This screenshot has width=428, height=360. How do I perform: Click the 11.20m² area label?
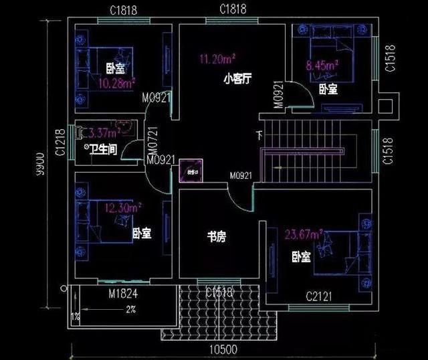tap(216, 60)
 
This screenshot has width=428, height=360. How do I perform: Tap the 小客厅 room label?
tap(237, 80)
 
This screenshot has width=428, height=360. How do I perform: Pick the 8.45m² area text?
tap(322, 66)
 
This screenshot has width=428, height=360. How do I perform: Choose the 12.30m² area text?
tap(122, 208)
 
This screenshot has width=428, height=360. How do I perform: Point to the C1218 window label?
tap(59, 142)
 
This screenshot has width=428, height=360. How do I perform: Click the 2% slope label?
tap(131, 309)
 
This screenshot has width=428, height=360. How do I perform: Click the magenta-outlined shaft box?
tap(191, 170)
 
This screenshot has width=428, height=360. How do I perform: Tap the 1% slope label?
tap(75, 316)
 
